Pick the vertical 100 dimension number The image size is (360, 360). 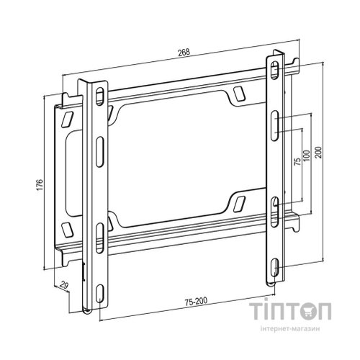click(x=307, y=155)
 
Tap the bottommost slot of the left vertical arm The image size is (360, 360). click(x=101, y=292)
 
